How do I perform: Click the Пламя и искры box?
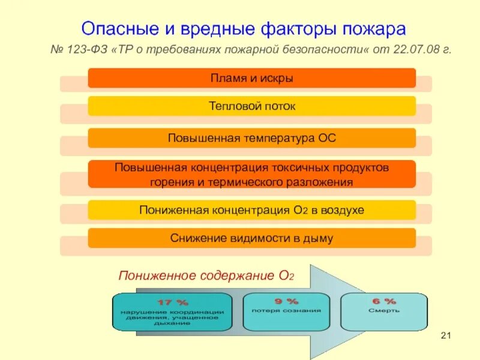(x=252, y=78)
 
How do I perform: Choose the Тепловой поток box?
(x=252, y=106)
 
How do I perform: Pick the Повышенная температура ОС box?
(x=252, y=138)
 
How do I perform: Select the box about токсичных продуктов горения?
(x=252, y=174)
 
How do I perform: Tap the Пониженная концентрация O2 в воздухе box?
(x=252, y=210)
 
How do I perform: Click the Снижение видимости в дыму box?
(x=252, y=238)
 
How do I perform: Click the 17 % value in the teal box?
(x=173, y=302)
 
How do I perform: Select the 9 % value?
(x=286, y=301)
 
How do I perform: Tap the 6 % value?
(x=384, y=301)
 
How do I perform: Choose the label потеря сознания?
(x=286, y=311)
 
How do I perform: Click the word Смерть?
(x=384, y=311)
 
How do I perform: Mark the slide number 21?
(x=445, y=334)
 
